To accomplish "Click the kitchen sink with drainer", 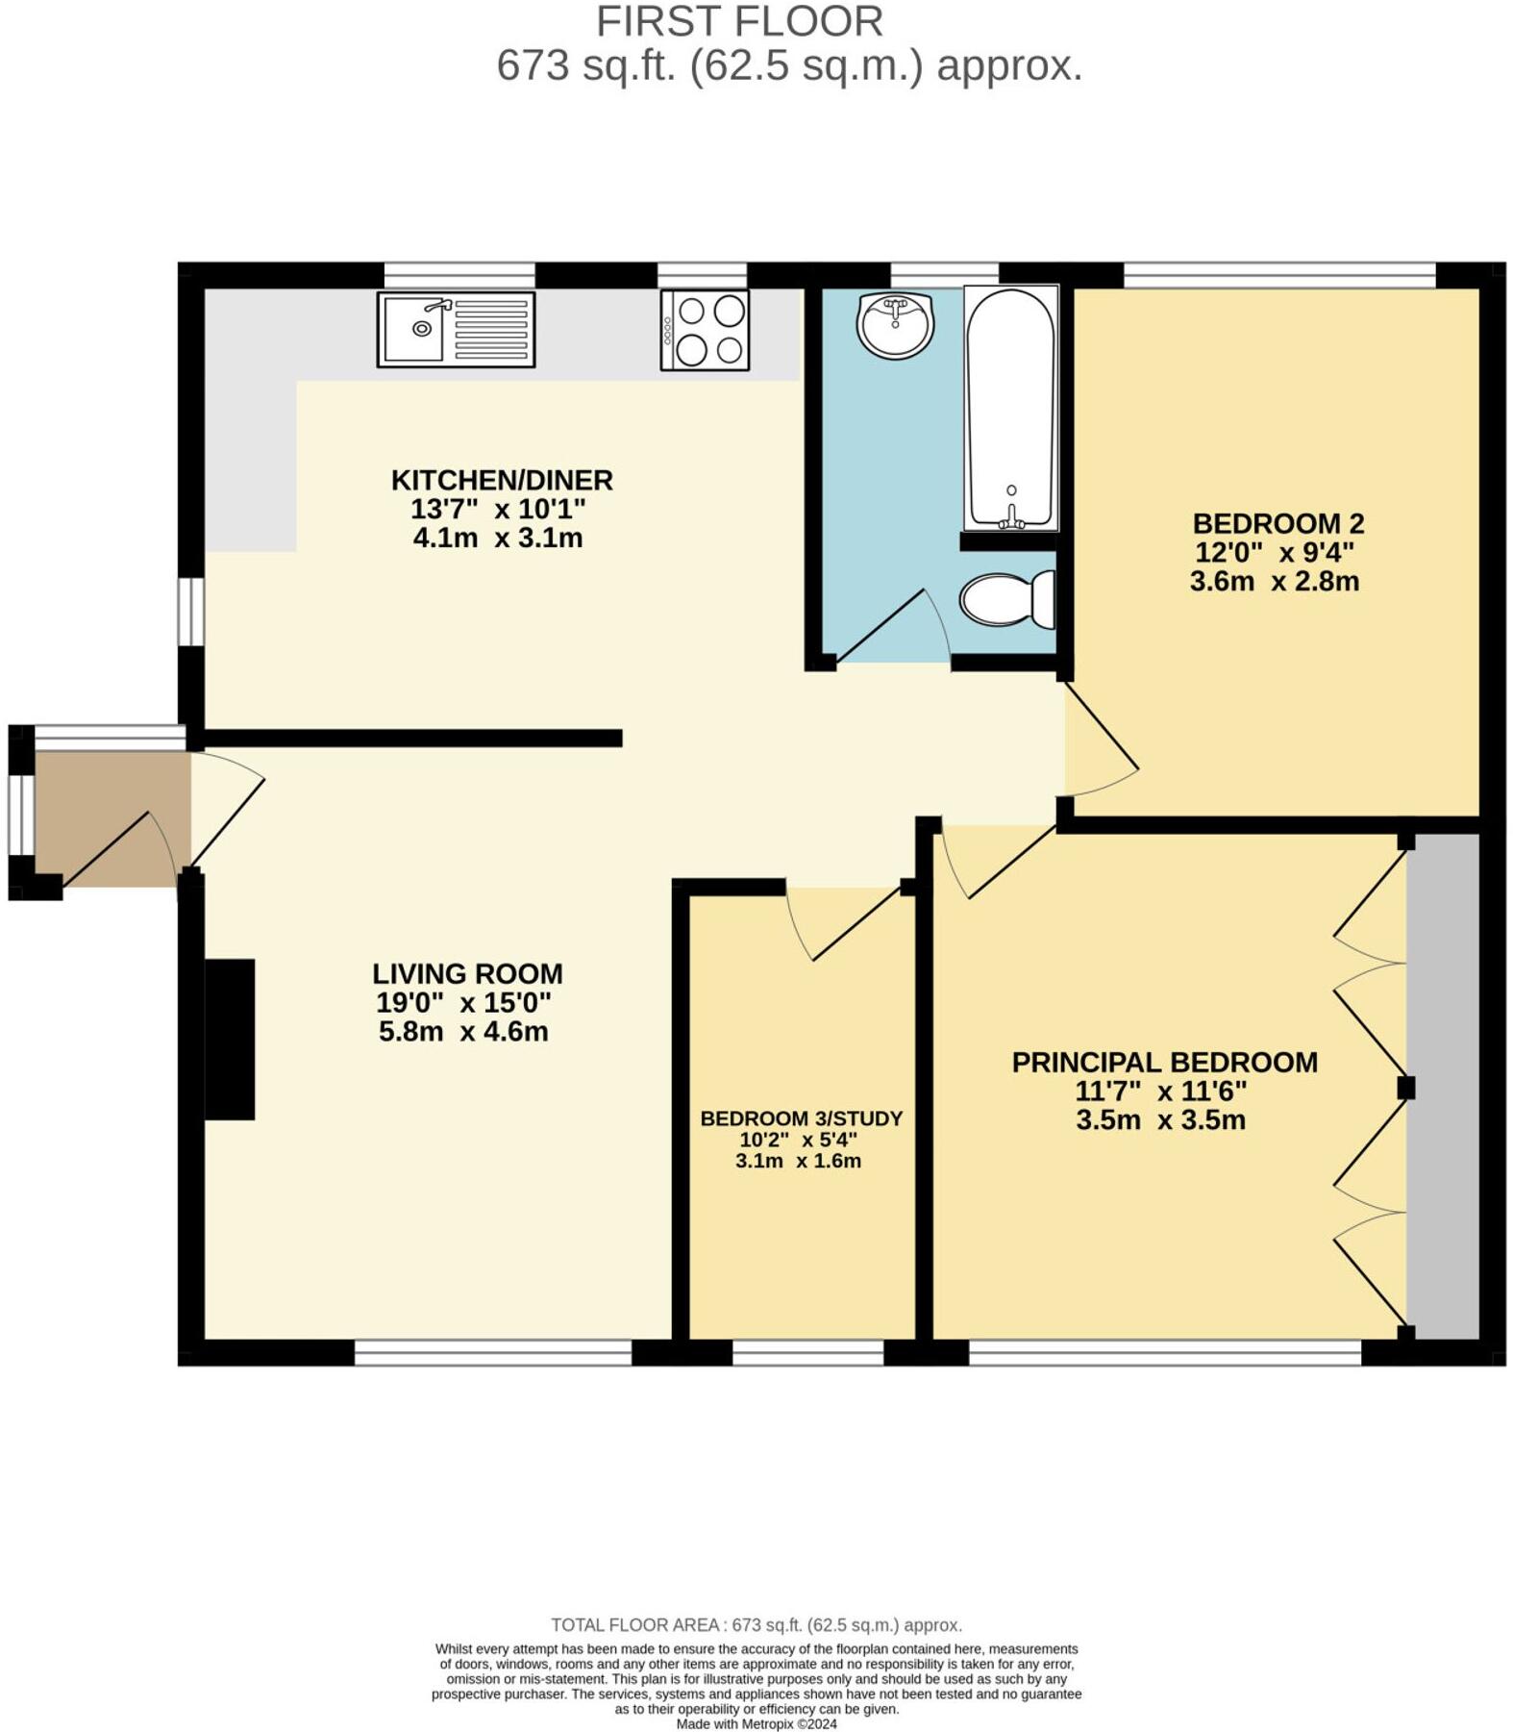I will (456, 330).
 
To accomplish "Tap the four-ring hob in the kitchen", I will (705, 330).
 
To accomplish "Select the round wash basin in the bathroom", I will (895, 325).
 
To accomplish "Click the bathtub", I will (1010, 408).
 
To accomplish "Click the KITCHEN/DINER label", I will (501, 480).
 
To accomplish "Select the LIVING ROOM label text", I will (467, 973).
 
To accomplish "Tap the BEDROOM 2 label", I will (1277, 524).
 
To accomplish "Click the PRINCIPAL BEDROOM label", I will (1164, 1063).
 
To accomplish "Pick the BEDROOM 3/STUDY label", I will (801, 1118).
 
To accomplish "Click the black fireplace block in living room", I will (230, 1039).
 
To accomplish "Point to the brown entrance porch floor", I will (106, 817).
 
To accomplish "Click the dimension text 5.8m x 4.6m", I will (463, 1032).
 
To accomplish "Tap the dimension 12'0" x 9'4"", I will (1274, 553).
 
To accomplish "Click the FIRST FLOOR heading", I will (738, 21).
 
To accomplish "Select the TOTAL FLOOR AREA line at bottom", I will (756, 1624).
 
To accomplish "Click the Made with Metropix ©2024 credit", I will (756, 1723).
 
